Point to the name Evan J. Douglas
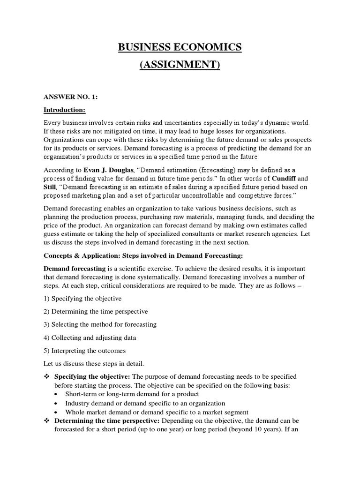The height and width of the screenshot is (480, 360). [102, 169]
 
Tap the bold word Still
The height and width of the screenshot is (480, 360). [51, 187]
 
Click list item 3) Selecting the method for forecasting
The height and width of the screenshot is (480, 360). [100, 324]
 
